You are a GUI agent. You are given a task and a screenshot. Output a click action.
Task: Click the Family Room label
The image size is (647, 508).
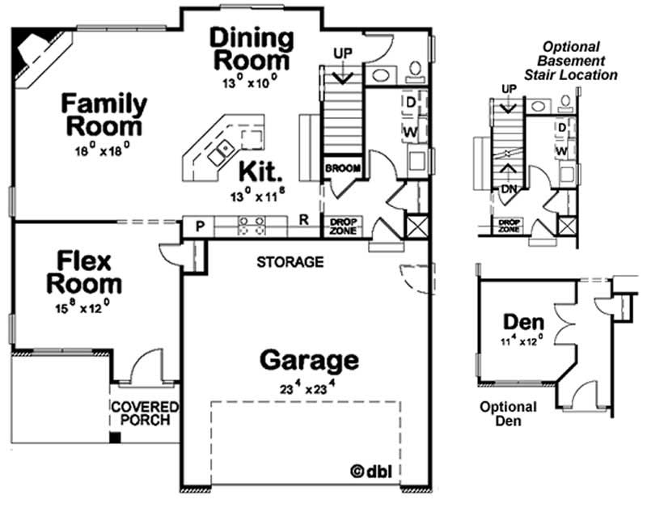(105, 115)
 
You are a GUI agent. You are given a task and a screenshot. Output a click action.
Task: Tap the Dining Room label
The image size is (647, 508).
(251, 49)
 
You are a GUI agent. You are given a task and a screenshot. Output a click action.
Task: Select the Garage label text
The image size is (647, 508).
(309, 359)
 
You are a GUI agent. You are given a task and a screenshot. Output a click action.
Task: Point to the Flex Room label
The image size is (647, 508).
(84, 273)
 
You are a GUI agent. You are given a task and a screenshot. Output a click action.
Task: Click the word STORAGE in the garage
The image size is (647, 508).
(290, 262)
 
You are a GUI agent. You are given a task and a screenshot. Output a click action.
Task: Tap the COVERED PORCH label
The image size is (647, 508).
(145, 413)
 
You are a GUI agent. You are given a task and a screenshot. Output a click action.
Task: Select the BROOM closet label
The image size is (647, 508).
(341, 168)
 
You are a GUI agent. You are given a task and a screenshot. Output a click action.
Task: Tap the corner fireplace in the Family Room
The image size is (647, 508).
(36, 53)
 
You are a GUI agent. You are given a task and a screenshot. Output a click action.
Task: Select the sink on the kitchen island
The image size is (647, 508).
(220, 150)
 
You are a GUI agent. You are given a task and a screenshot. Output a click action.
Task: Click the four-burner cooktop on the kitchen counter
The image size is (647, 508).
(250, 226)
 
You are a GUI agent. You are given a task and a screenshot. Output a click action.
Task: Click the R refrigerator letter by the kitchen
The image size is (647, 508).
(303, 219)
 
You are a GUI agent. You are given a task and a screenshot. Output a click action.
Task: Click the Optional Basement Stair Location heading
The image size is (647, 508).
(579, 61)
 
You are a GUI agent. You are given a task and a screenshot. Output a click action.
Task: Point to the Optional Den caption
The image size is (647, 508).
(507, 413)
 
